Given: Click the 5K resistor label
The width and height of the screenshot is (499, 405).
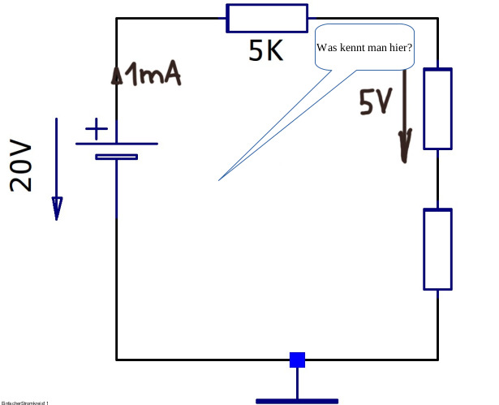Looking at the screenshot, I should pyautogui.click(x=265, y=51).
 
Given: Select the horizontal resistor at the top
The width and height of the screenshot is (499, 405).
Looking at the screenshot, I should pyautogui.click(x=267, y=17).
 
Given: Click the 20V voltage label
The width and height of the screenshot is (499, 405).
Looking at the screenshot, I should pyautogui.click(x=22, y=166).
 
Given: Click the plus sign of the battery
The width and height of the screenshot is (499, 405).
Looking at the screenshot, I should pyautogui.click(x=96, y=128).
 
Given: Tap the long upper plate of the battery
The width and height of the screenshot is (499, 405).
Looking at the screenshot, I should pyautogui.click(x=117, y=144).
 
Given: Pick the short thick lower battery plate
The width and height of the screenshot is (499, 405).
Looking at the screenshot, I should pyautogui.click(x=116, y=157).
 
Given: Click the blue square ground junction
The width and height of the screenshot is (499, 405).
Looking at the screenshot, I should pyautogui.click(x=298, y=359).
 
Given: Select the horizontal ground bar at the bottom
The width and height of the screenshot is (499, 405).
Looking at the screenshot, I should pyautogui.click(x=297, y=400).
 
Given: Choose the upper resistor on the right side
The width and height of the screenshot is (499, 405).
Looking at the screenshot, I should pyautogui.click(x=437, y=109).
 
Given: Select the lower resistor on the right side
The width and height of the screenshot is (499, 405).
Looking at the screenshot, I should pyautogui.click(x=437, y=249).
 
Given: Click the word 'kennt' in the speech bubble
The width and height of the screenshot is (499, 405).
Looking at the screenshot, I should pyautogui.click(x=355, y=48).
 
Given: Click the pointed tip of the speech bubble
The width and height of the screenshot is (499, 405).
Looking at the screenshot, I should pyautogui.click(x=220, y=179).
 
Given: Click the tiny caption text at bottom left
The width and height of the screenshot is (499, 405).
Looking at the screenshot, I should pyautogui.click(x=25, y=402).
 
